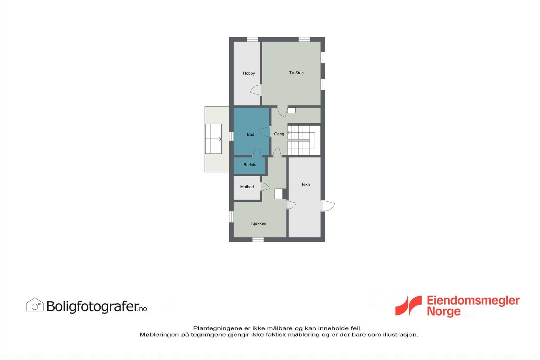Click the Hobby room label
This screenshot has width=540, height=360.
(x=249, y=73)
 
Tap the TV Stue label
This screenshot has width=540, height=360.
(x=296, y=73)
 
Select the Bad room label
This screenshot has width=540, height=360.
(x=250, y=134)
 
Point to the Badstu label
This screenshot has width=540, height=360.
(x=250, y=165)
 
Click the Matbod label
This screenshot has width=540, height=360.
(x=247, y=187)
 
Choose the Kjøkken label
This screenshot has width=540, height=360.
(x=259, y=223)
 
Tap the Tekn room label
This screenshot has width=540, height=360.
(x=305, y=184)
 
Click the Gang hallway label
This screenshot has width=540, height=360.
(x=279, y=134)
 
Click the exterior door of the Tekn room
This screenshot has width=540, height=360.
(x=328, y=206)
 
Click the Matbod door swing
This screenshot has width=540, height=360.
(x=265, y=187)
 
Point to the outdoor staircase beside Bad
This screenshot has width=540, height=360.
(x=213, y=139)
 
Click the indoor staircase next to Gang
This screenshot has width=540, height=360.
(x=301, y=140)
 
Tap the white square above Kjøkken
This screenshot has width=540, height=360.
(x=278, y=194)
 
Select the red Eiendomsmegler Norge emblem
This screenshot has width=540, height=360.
(x=409, y=306)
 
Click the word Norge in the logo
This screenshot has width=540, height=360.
(x=443, y=311)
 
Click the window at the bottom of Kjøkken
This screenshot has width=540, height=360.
(x=258, y=240)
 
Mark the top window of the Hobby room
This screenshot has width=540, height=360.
(x=252, y=39)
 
